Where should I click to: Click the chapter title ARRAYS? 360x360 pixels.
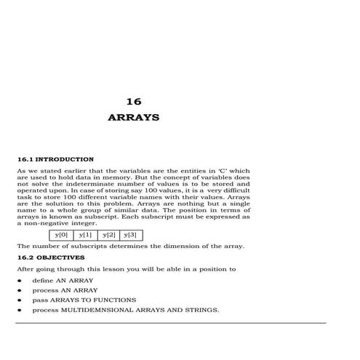(133, 117)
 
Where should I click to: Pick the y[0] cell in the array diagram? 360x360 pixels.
(62, 235)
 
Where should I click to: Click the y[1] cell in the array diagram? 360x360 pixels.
(86, 235)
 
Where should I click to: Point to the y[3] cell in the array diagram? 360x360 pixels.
(131, 235)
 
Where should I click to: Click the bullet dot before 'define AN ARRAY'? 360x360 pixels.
(19, 280)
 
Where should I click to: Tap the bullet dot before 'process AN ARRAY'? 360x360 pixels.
(19, 290)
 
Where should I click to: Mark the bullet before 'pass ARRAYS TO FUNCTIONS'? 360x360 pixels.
(19, 300)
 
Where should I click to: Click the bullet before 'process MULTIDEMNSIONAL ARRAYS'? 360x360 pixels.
(19, 311)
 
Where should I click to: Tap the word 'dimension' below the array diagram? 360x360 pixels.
(185, 246)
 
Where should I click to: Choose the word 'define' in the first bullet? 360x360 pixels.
(42, 280)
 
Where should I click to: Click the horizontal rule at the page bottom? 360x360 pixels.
(171, 322)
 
